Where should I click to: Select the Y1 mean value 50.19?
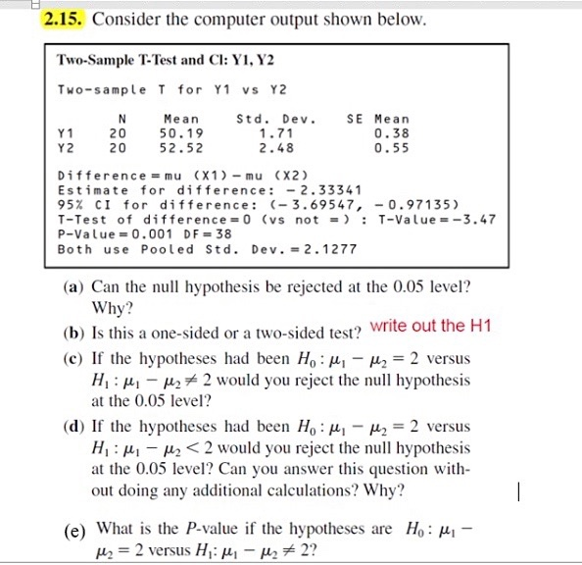pyautogui.click(x=181, y=130)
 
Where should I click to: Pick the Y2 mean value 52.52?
pyautogui.click(x=181, y=147)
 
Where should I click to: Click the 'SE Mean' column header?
pyautogui.click(x=379, y=118)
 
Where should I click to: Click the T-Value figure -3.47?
pyautogui.click(x=474, y=219)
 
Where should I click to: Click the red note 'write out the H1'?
pyautogui.click(x=431, y=326)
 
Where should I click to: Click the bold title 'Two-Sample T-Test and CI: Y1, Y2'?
pyautogui.click(x=158, y=59)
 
